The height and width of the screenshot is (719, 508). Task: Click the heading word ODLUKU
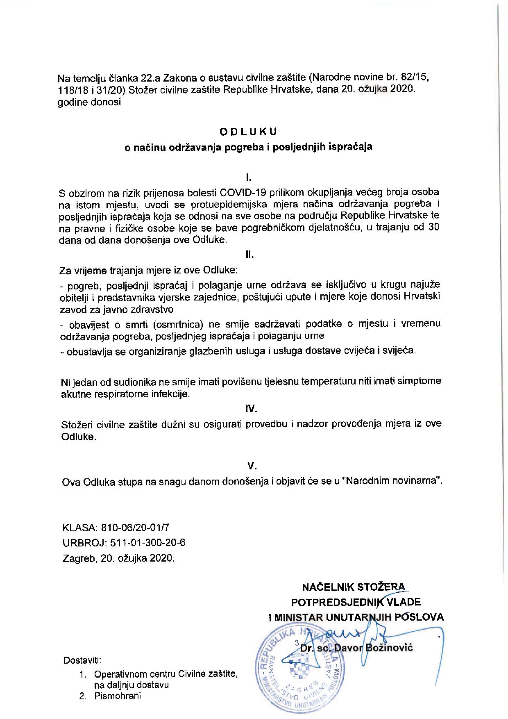[x=248, y=132]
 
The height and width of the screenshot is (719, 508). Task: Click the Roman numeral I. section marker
[x=248, y=177]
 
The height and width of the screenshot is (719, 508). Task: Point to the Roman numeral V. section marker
[x=252, y=466]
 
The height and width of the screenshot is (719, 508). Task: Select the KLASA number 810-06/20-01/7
[x=137, y=527]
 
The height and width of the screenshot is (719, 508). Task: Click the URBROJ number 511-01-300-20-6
[x=147, y=542]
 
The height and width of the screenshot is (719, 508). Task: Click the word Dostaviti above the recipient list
[x=82, y=661]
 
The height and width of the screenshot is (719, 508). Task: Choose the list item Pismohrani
[x=117, y=696]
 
